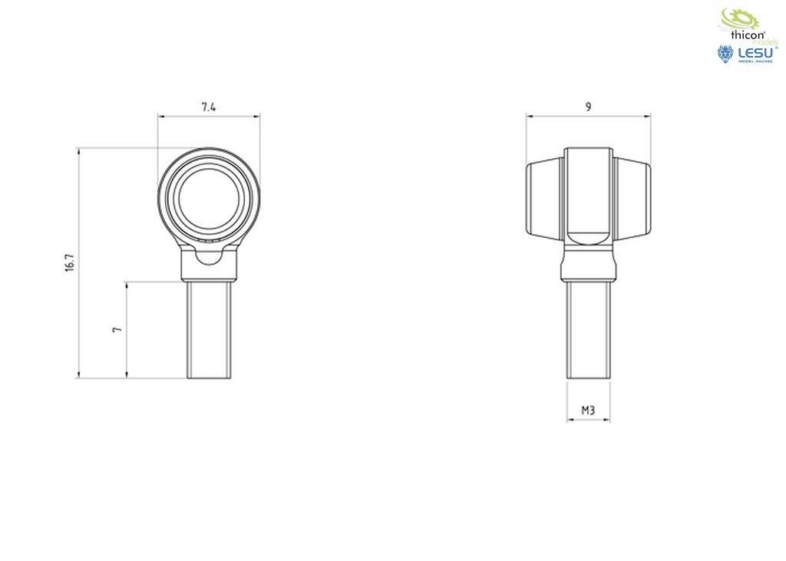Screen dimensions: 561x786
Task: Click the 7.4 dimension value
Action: click(x=209, y=107)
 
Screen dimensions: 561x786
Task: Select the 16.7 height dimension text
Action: click(x=70, y=262)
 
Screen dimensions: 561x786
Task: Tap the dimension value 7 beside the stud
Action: click(x=117, y=328)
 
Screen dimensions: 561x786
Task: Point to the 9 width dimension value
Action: click(x=588, y=107)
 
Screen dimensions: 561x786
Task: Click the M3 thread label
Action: click(x=588, y=411)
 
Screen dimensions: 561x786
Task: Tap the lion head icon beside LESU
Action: click(x=725, y=54)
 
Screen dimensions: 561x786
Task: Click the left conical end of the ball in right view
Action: click(x=545, y=199)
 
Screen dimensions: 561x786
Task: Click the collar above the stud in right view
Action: click(x=589, y=264)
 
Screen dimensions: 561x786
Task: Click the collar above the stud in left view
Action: click(x=209, y=267)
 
